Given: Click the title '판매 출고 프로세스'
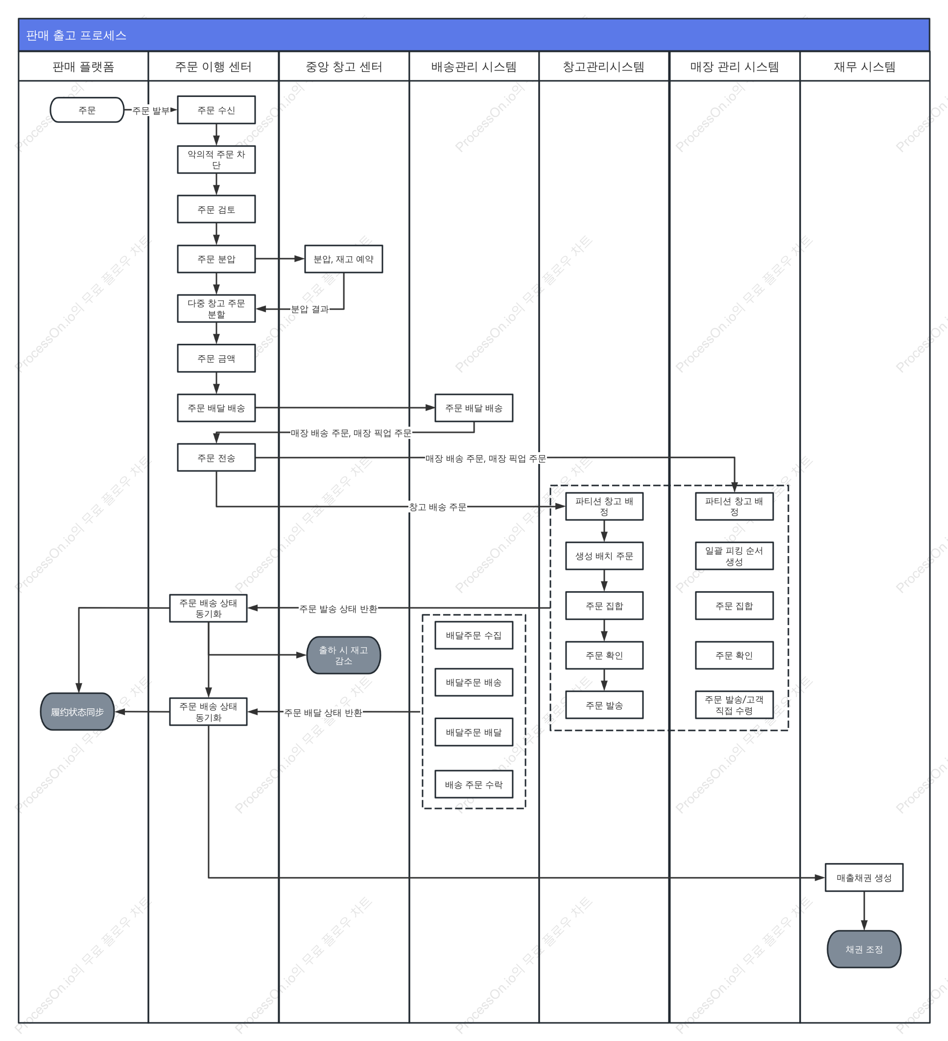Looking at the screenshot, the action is [x=76, y=35].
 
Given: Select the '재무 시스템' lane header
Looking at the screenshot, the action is [x=864, y=67].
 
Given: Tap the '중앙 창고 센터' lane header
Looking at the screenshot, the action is [x=344, y=67].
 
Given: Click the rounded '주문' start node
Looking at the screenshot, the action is [x=87, y=110].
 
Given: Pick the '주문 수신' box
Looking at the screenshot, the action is [x=216, y=110].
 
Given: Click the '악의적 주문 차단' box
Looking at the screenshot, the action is [x=216, y=160].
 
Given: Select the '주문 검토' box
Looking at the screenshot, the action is [x=216, y=209].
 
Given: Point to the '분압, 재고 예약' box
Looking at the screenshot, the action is [x=344, y=259].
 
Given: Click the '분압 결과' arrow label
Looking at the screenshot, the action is [x=309, y=309].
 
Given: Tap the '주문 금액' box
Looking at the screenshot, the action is [x=216, y=359].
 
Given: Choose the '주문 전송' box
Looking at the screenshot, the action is [x=216, y=458].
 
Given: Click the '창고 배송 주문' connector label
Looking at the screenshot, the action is [x=438, y=507].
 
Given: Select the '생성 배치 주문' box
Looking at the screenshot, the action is [x=604, y=556].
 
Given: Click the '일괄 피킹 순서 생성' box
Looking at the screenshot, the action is [x=735, y=556].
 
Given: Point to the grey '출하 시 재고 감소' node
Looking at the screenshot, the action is [x=344, y=655].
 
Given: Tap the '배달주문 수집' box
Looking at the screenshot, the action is [x=474, y=635].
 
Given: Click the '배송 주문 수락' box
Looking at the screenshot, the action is [x=474, y=784].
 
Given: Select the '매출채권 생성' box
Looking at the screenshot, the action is [x=864, y=878].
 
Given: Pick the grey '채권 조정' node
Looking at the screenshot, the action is [x=864, y=949].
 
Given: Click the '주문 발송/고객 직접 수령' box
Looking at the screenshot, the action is [x=735, y=705].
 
